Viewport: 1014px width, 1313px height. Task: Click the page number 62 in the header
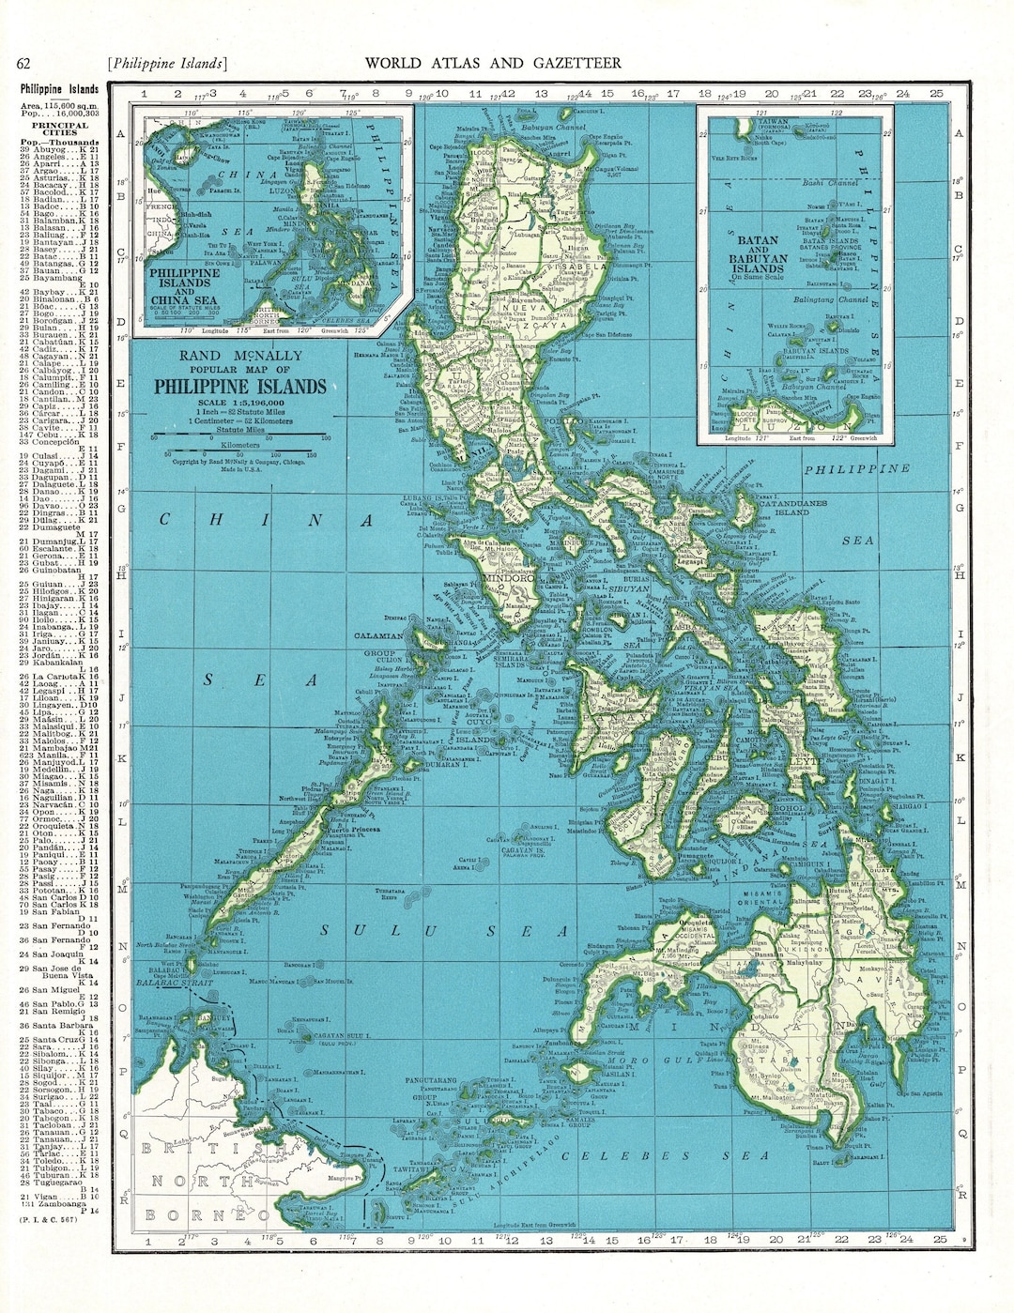coord(24,64)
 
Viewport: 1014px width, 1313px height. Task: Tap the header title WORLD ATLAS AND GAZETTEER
coord(492,64)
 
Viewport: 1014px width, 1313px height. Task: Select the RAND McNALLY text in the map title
coord(240,356)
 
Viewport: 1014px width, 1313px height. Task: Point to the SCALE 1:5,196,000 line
coord(240,402)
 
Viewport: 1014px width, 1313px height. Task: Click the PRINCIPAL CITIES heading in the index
coord(59,129)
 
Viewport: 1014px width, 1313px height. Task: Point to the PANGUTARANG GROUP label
coord(431,1088)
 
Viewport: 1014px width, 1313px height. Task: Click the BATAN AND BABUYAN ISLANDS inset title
coord(757,253)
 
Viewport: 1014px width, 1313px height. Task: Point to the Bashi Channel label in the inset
coord(830,183)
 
